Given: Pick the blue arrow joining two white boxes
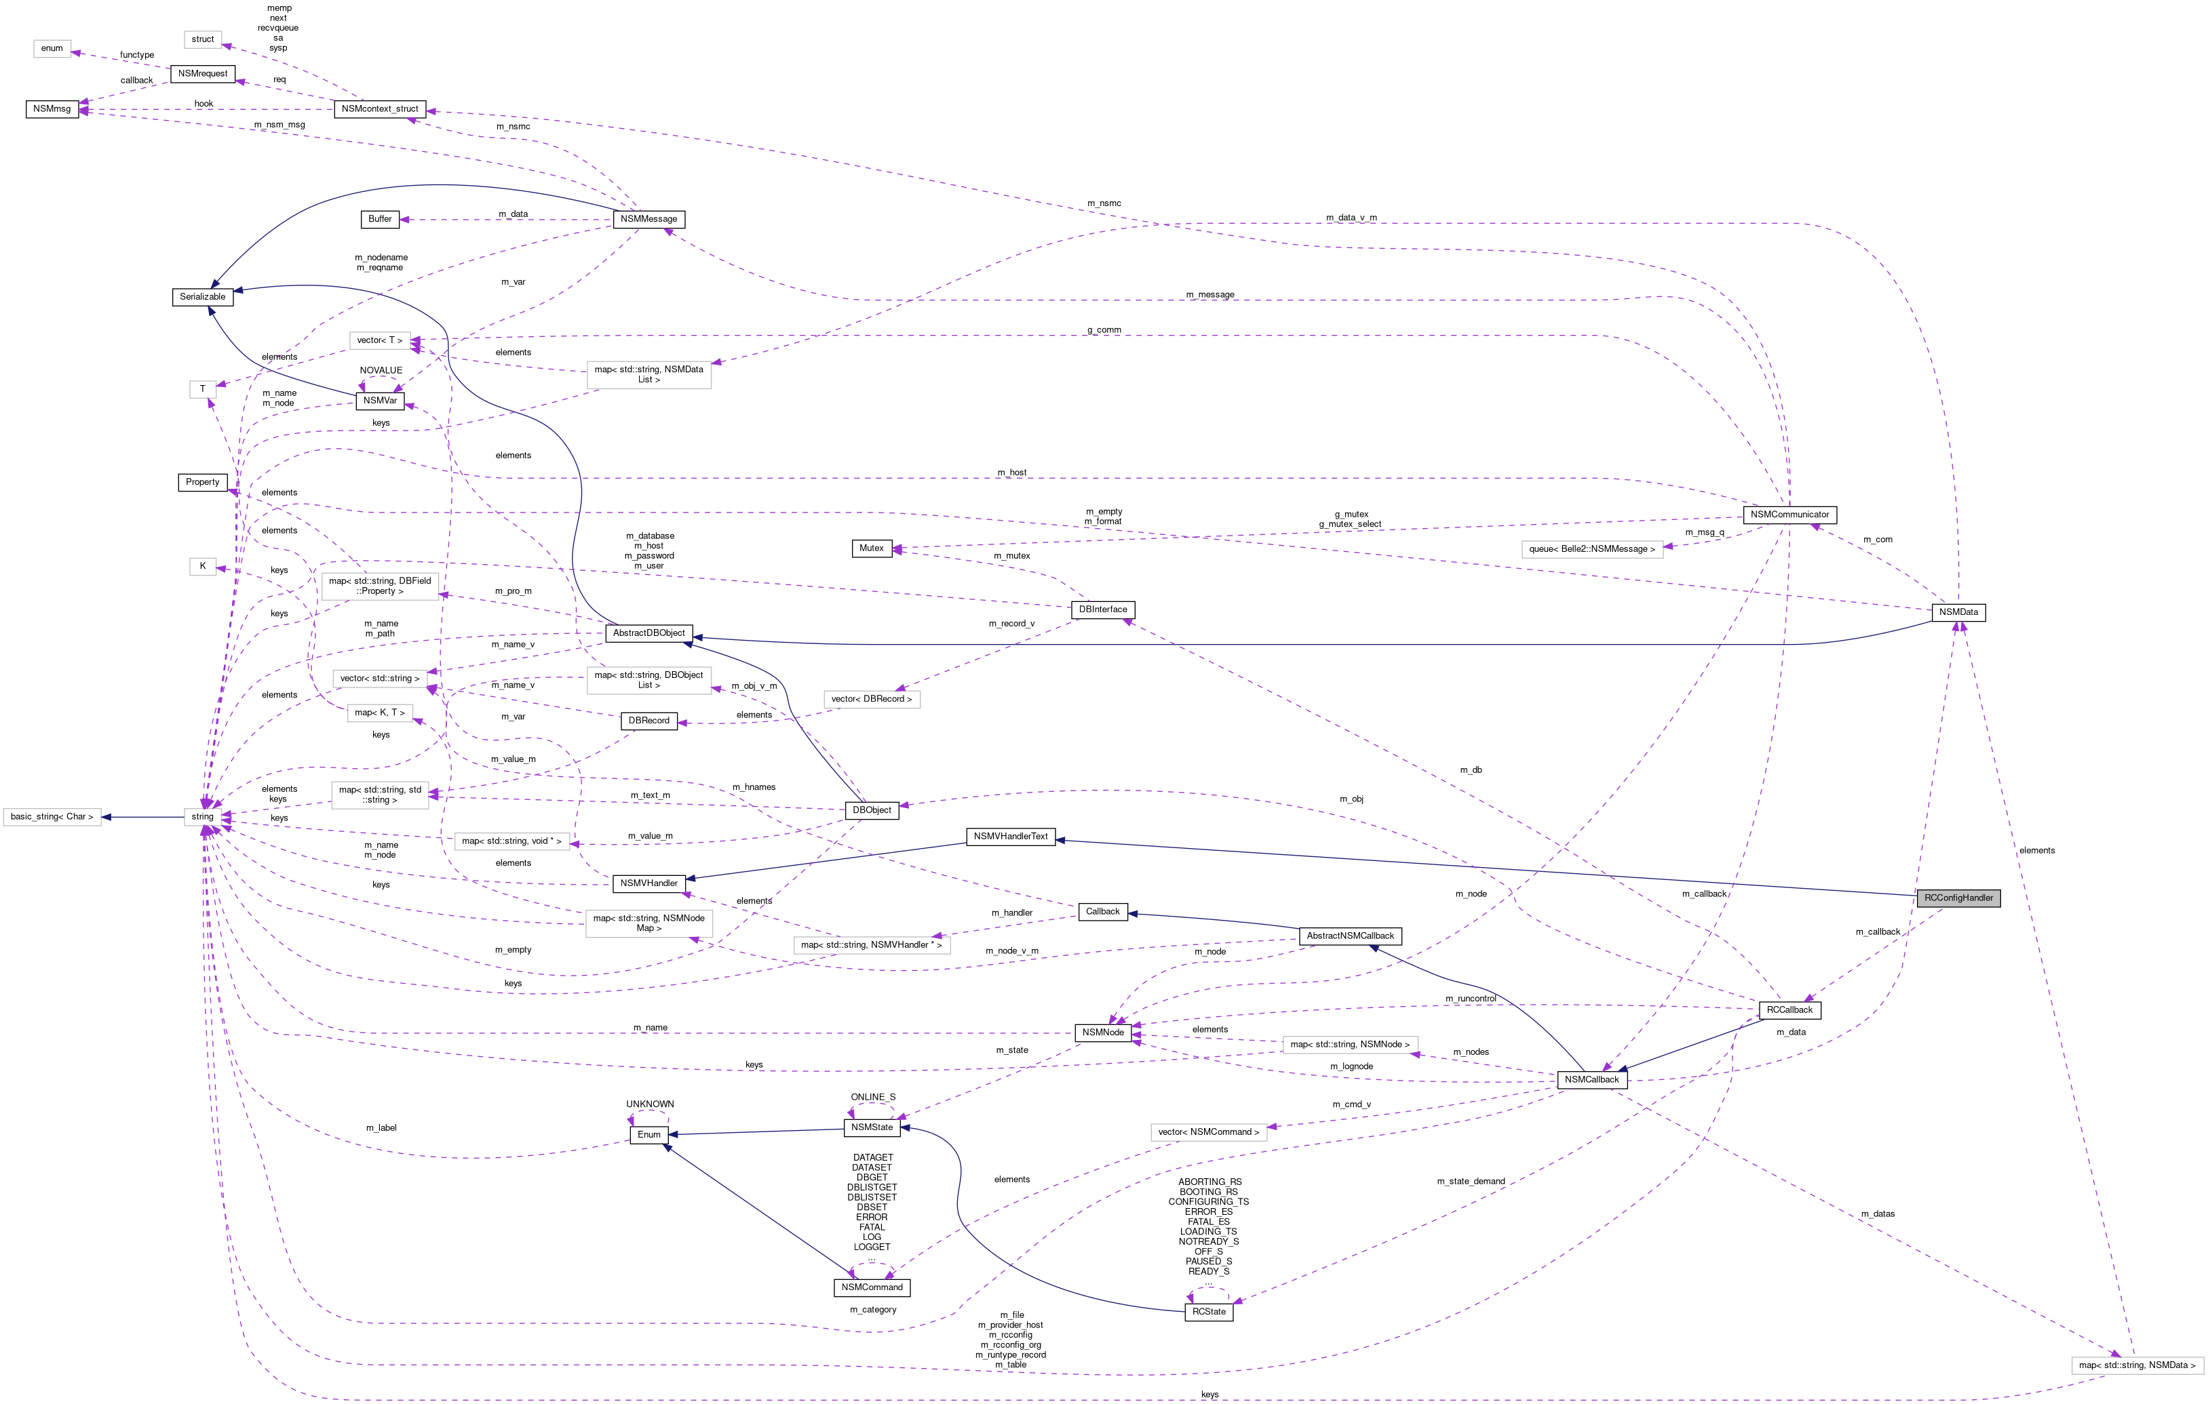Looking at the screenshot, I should click(x=142, y=816).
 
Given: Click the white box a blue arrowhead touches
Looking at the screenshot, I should click(x=52, y=816).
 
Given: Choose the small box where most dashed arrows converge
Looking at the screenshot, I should click(x=203, y=816).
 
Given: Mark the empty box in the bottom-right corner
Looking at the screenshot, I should click(x=2137, y=1365).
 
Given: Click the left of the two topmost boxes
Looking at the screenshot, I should click(x=52, y=49).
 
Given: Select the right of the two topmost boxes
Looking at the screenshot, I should click(x=203, y=39).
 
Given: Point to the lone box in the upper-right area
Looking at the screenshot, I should click(x=1592, y=549).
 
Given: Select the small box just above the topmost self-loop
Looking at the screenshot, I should click(x=380, y=340).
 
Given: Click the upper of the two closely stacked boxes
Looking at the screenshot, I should click(x=380, y=678).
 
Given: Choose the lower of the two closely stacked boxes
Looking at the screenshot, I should click(x=380, y=713).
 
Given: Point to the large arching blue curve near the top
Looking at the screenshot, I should click(x=412, y=188).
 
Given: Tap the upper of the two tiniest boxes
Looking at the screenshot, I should click(x=203, y=390).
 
